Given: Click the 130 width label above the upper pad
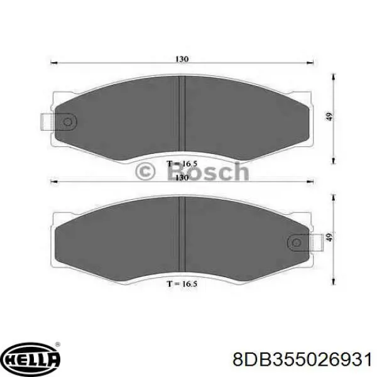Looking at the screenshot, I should tap(182, 58).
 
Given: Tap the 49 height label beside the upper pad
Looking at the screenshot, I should tap(329, 116).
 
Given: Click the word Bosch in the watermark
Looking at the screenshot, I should tap(208, 171).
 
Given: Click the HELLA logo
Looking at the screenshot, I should tap(31, 359).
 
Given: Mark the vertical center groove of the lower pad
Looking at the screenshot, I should tap(181, 232).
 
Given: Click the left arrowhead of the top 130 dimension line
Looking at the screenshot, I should tap(53, 63).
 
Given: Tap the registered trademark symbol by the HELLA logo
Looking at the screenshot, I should tap(58, 345).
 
